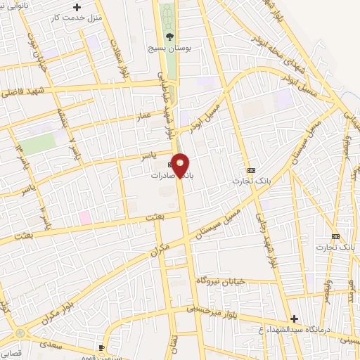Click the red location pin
click(x=181, y=166)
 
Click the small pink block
click(x=84, y=217)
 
